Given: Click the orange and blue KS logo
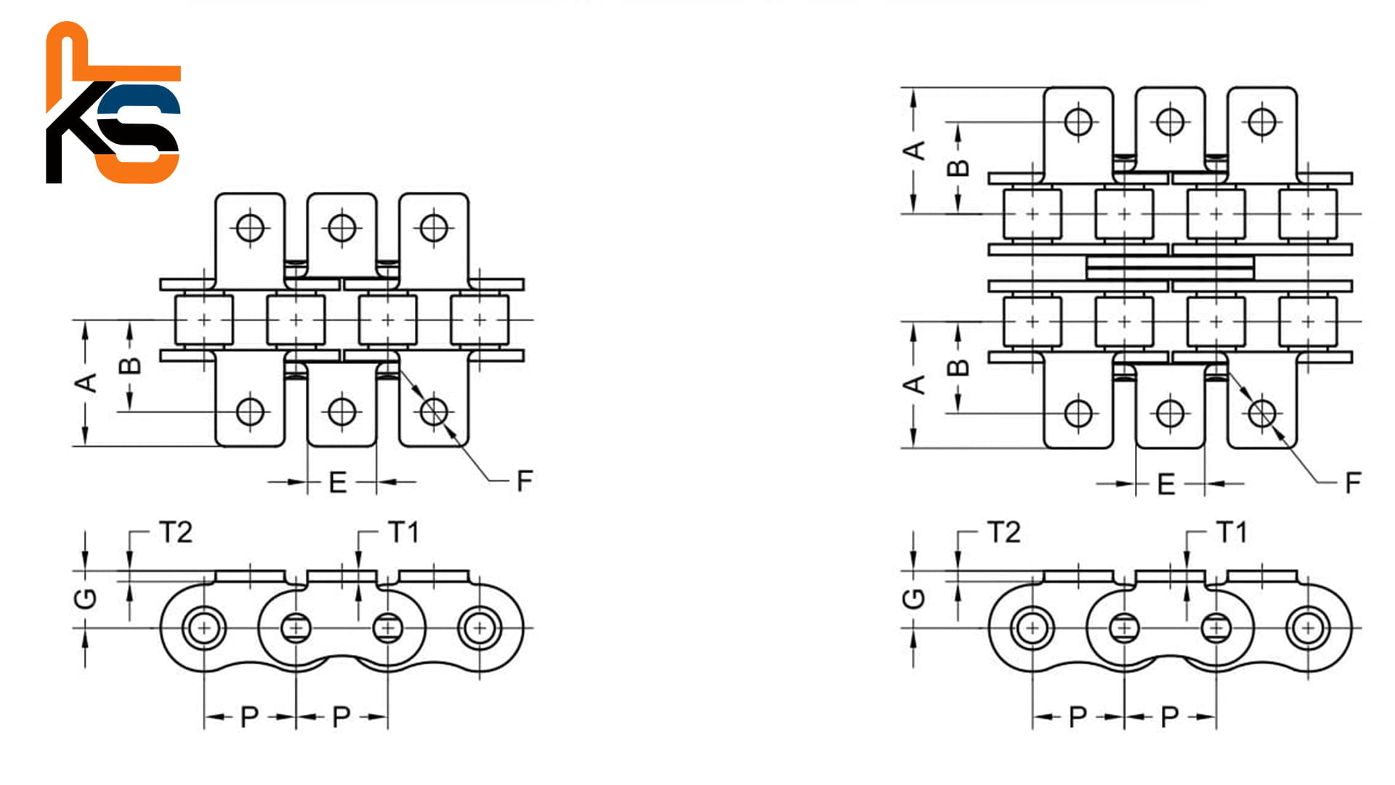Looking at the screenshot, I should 113,103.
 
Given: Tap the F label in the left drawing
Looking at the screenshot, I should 525,481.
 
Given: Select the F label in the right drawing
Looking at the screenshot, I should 1353,483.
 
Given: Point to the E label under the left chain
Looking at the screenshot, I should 338,483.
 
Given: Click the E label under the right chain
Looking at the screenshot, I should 1166,484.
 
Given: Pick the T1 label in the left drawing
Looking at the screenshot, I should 403,533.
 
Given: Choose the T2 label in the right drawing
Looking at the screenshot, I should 1004,533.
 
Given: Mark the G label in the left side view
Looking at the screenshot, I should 86,598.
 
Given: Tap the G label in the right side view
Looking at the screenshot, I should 914,598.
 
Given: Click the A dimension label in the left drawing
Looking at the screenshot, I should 87,382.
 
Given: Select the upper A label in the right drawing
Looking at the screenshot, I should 915,150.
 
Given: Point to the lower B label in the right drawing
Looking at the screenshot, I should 959,367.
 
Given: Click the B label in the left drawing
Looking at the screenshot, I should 131,366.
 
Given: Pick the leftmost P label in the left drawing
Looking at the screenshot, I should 249,717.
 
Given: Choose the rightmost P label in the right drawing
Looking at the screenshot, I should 1170,717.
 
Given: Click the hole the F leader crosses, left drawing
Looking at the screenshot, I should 434,411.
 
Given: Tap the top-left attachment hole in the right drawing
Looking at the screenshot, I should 1078,121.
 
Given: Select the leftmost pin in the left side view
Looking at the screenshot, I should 204,627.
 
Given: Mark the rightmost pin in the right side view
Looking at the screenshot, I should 1308,627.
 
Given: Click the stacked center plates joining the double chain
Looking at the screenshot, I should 1170,267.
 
